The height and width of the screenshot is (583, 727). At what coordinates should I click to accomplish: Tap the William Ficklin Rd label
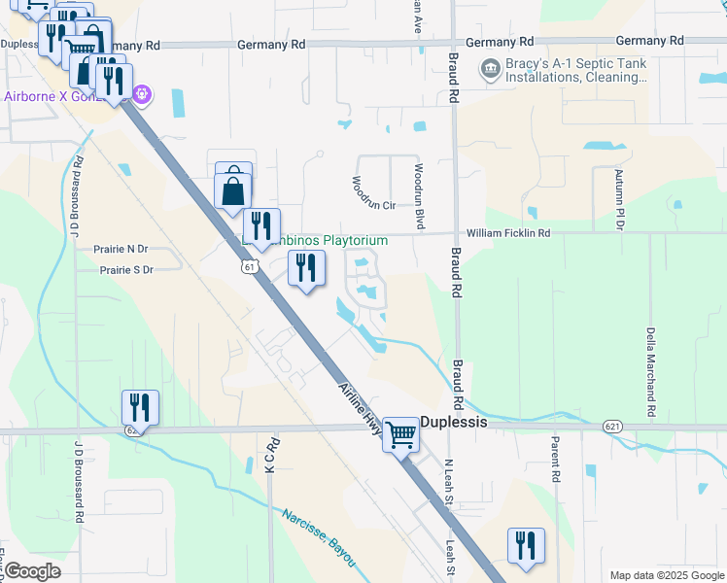pyautogui.click(x=507, y=233)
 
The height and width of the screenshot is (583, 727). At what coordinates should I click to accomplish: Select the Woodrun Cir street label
pyautogui.click(x=374, y=206)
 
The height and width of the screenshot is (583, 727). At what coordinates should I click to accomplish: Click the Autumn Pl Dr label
pyautogui.click(x=618, y=198)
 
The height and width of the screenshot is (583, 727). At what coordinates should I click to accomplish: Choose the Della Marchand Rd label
pyautogui.click(x=650, y=364)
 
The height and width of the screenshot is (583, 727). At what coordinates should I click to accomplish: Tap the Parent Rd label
pyautogui.click(x=555, y=460)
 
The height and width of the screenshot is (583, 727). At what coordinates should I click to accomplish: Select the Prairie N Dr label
pyautogui.click(x=121, y=249)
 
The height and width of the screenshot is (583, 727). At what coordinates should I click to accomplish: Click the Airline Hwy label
pyautogui.click(x=360, y=412)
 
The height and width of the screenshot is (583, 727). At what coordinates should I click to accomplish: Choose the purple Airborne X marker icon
pyautogui.click(x=142, y=94)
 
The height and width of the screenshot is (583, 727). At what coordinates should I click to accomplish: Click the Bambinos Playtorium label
pyautogui.click(x=321, y=240)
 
